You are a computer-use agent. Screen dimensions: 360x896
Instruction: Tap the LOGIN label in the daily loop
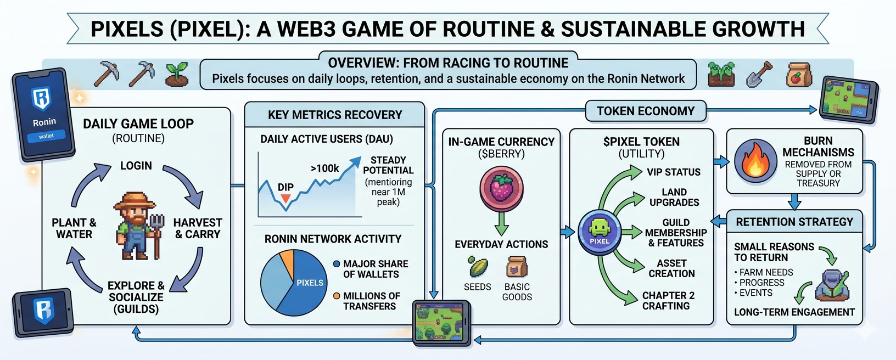(x=136, y=166)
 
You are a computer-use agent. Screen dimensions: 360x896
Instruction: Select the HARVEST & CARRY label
(x=198, y=228)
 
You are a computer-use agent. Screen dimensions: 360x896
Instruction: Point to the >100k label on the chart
(x=324, y=168)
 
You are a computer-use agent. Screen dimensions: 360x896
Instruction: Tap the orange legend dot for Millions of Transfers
(x=337, y=296)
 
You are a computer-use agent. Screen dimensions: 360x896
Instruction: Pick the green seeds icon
(x=477, y=267)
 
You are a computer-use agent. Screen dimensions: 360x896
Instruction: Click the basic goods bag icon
(x=517, y=267)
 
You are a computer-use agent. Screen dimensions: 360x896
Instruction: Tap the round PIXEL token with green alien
(x=600, y=232)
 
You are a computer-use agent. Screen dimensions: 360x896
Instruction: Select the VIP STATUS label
(x=673, y=172)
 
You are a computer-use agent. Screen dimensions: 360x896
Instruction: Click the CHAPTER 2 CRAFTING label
(x=668, y=301)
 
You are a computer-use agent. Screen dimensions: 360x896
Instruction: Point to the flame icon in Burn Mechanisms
(x=755, y=161)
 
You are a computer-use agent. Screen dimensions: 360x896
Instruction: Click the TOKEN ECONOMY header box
(x=645, y=111)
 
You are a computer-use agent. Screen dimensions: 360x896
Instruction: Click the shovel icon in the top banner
(x=759, y=74)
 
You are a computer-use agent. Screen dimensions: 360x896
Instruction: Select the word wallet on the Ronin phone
(x=46, y=136)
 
